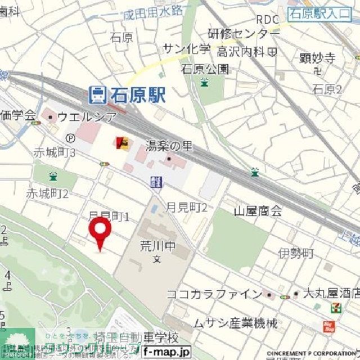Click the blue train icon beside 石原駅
(98, 95)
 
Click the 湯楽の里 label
(169, 146)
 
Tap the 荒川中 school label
(157, 246)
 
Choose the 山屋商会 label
(258, 211)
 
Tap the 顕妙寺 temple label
(317, 57)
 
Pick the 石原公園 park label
(205, 69)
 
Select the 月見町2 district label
(187, 207)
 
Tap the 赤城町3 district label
(55, 152)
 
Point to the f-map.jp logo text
(166, 352)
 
